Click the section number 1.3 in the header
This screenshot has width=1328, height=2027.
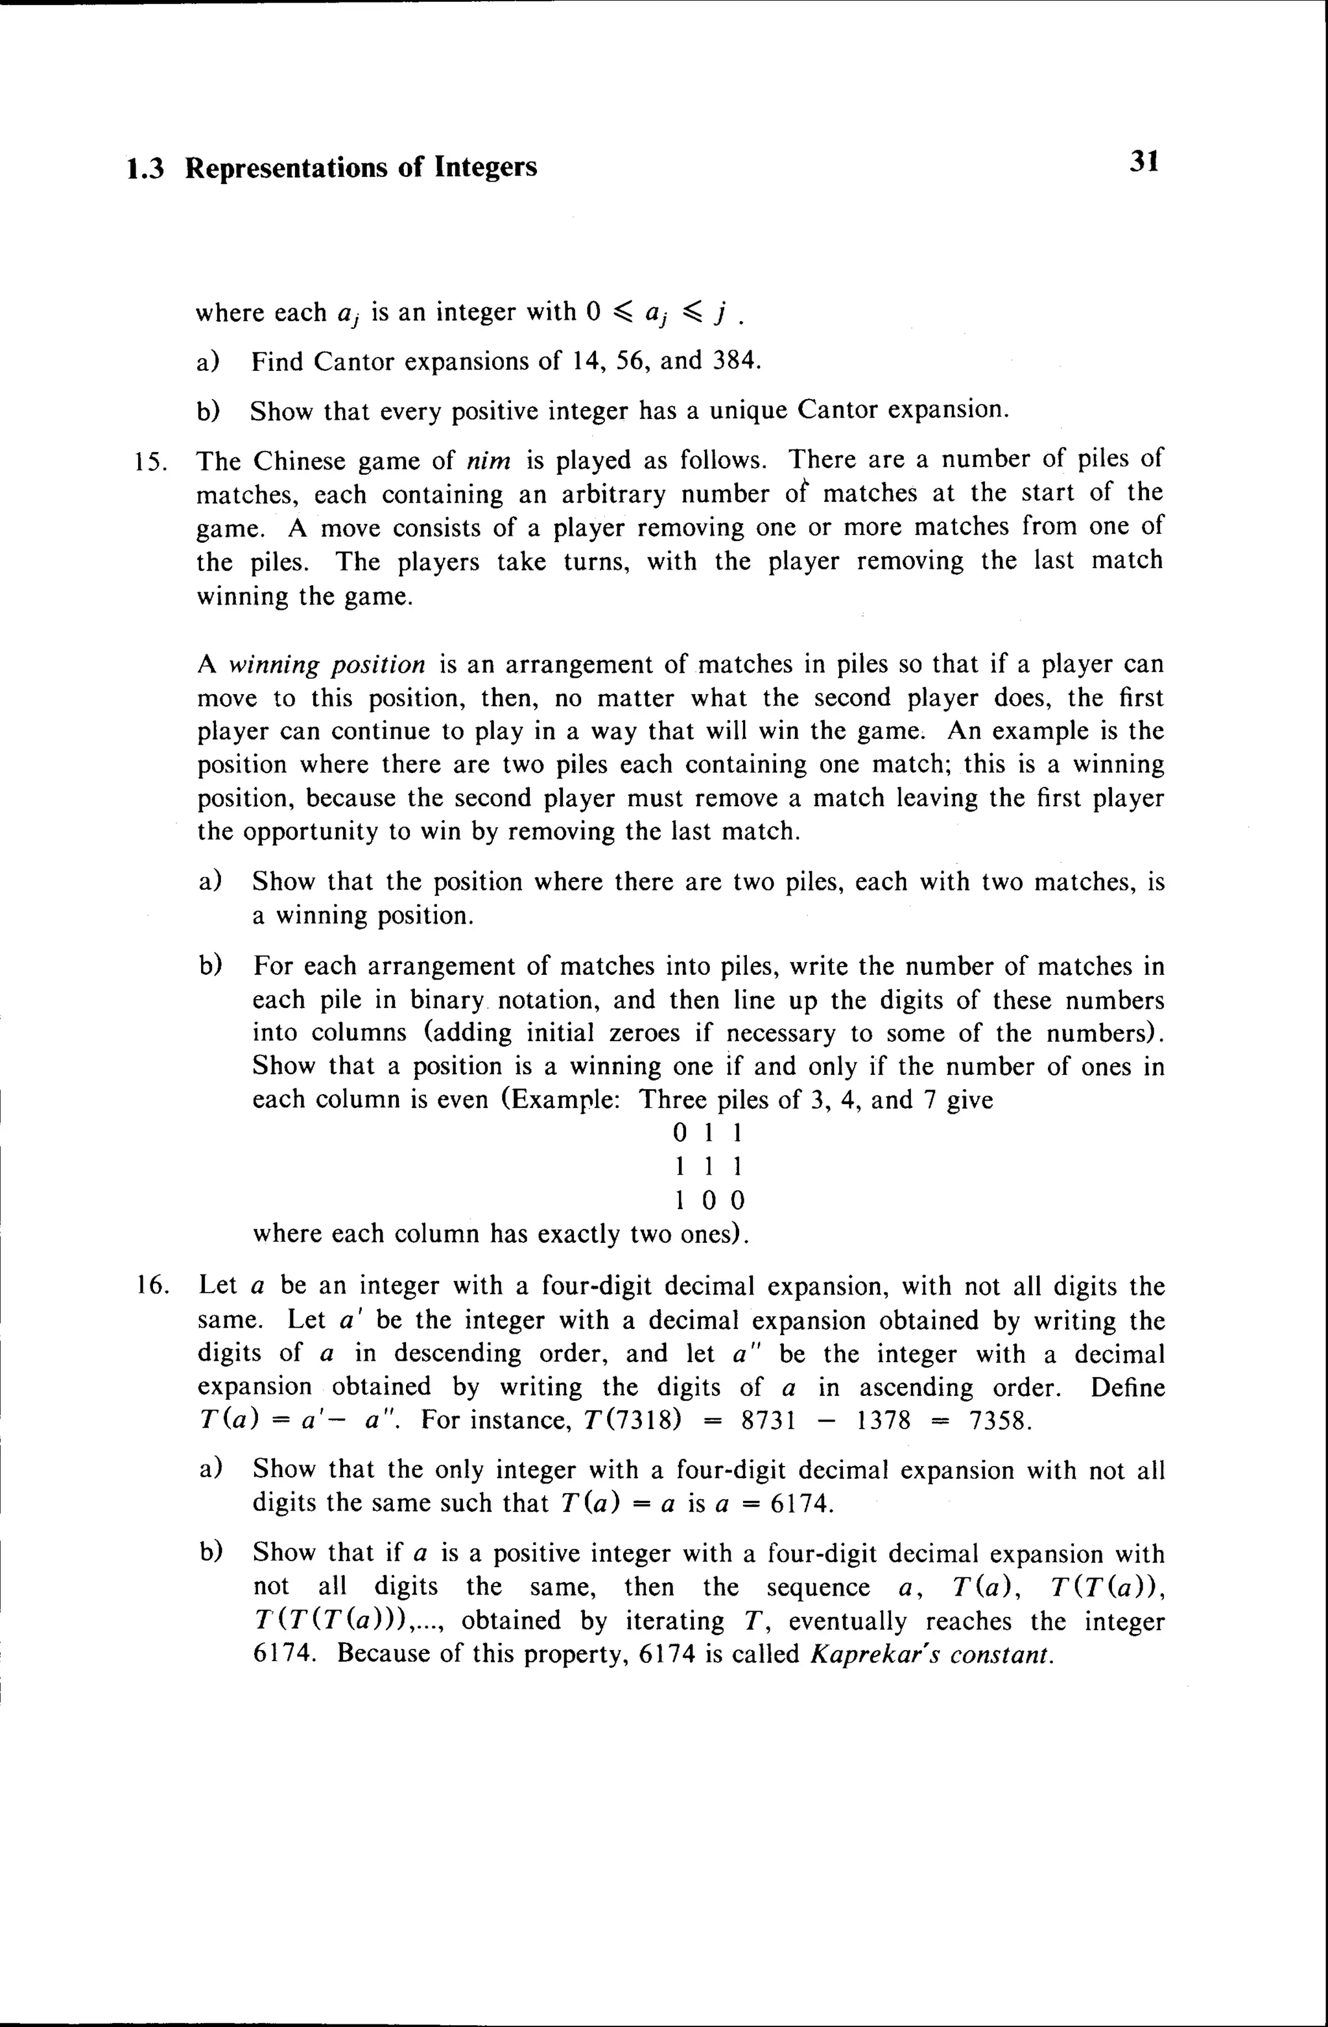(x=144, y=168)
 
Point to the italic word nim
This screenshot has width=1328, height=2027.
(x=488, y=461)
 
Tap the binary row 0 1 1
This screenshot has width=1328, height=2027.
(x=708, y=1134)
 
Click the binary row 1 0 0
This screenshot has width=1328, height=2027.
(x=708, y=1201)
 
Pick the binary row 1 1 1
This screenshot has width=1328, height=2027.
(x=708, y=1167)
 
